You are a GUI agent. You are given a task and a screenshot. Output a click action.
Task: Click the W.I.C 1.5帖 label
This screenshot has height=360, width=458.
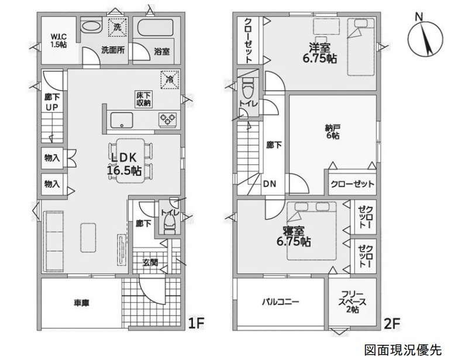[58, 41]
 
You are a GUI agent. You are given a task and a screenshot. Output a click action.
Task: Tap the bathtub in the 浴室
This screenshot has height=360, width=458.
[155, 28]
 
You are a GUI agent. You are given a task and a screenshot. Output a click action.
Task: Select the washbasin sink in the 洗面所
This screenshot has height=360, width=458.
[91, 26]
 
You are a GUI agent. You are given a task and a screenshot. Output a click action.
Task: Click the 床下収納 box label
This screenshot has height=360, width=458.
[144, 99]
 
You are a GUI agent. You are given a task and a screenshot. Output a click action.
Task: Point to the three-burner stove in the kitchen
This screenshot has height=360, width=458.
[168, 119]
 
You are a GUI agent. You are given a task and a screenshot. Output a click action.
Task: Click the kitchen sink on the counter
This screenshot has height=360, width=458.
[122, 120]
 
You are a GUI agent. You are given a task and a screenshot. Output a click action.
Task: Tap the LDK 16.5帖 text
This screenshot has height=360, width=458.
[125, 164]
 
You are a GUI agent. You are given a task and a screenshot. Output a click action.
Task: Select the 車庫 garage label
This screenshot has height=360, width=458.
[81, 303]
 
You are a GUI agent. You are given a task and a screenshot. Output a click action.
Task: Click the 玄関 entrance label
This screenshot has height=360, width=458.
[150, 263]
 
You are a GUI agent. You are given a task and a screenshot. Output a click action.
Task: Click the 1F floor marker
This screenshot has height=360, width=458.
[196, 323]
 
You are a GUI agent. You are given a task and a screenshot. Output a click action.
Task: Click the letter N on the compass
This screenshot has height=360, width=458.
[419, 17]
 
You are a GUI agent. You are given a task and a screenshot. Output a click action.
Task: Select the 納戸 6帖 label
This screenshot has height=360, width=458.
[333, 132]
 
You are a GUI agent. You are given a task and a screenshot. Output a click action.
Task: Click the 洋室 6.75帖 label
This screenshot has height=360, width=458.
[319, 53]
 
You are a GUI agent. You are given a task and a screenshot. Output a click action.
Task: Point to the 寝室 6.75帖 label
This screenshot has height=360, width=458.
[294, 236]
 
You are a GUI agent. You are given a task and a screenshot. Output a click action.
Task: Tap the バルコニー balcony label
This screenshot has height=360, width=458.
[280, 301]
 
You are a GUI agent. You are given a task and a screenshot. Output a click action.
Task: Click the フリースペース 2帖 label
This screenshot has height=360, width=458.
[352, 302]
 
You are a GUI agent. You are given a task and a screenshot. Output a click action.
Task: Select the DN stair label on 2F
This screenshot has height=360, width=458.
[269, 184]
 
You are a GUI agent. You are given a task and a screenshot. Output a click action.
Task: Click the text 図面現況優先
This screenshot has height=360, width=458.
[403, 349]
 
